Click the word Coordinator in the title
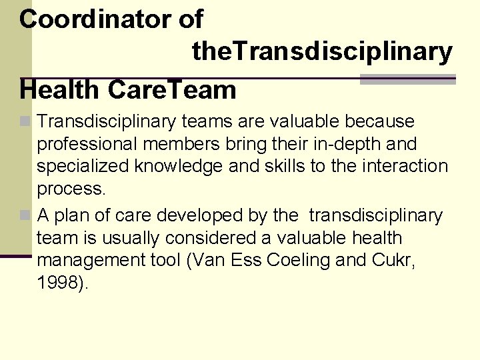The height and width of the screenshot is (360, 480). tap(96, 19)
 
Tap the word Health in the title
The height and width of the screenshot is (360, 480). tap(60, 89)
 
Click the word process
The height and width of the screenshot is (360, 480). tap(71, 189)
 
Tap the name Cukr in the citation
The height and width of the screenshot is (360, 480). tap(389, 261)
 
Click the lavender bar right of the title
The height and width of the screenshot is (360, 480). tap(407, 79)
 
